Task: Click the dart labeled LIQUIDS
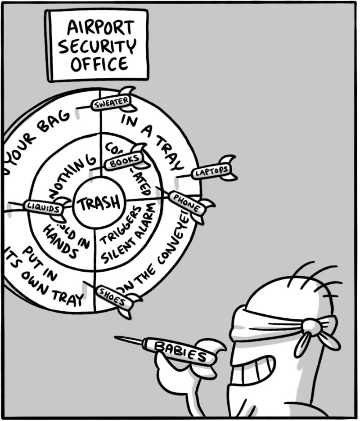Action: click(x=44, y=207)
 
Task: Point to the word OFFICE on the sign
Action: click(x=99, y=64)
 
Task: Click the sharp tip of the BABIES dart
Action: click(x=116, y=337)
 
